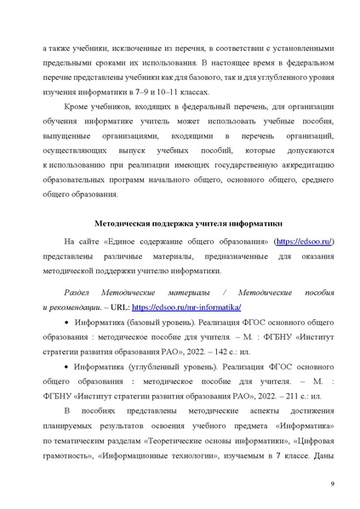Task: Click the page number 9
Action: click(331, 484)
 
